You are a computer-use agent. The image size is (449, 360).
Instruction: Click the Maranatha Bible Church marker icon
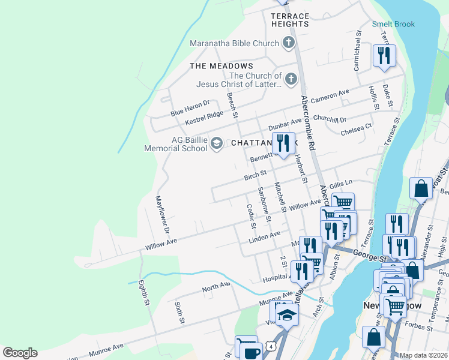(289, 43)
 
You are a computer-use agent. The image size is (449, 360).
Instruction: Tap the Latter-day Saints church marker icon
(291, 79)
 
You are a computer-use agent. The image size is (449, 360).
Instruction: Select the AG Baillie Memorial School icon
(216, 143)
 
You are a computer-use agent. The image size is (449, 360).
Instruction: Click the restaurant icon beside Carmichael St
(383, 56)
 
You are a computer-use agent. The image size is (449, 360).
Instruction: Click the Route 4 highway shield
(273, 347)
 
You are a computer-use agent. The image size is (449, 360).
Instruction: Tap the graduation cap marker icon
(288, 315)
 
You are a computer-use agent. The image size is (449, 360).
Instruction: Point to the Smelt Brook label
(393, 25)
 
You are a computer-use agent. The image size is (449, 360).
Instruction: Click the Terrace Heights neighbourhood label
(290, 20)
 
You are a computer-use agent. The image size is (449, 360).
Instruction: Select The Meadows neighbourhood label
(221, 65)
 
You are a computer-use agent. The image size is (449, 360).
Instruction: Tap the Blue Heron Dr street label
(190, 108)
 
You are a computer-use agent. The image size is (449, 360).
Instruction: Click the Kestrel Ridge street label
(203, 118)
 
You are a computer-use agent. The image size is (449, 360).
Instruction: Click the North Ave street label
(216, 287)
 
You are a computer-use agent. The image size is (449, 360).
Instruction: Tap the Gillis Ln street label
(340, 184)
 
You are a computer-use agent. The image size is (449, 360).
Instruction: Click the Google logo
(20, 353)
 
